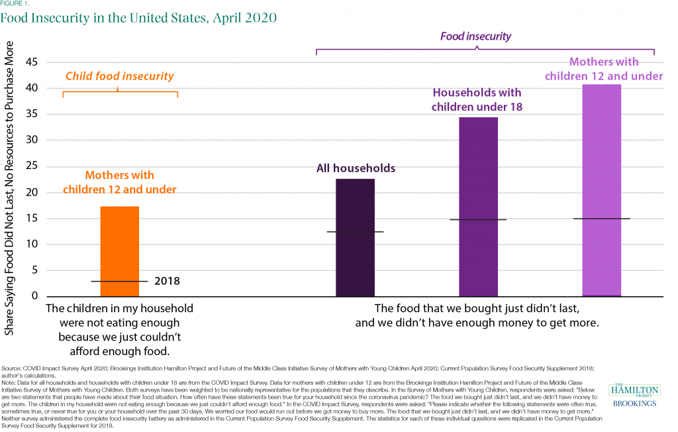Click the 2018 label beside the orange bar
coord(167,282)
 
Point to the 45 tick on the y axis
coord(31,62)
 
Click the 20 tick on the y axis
coord(31,192)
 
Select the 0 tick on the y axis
coord(34,296)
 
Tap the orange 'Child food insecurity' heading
coord(119,76)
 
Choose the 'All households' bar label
coord(355,168)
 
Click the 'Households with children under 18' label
coord(477,99)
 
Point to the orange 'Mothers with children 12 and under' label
coord(119,182)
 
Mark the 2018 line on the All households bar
coord(355,232)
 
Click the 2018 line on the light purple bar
coord(601,219)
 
